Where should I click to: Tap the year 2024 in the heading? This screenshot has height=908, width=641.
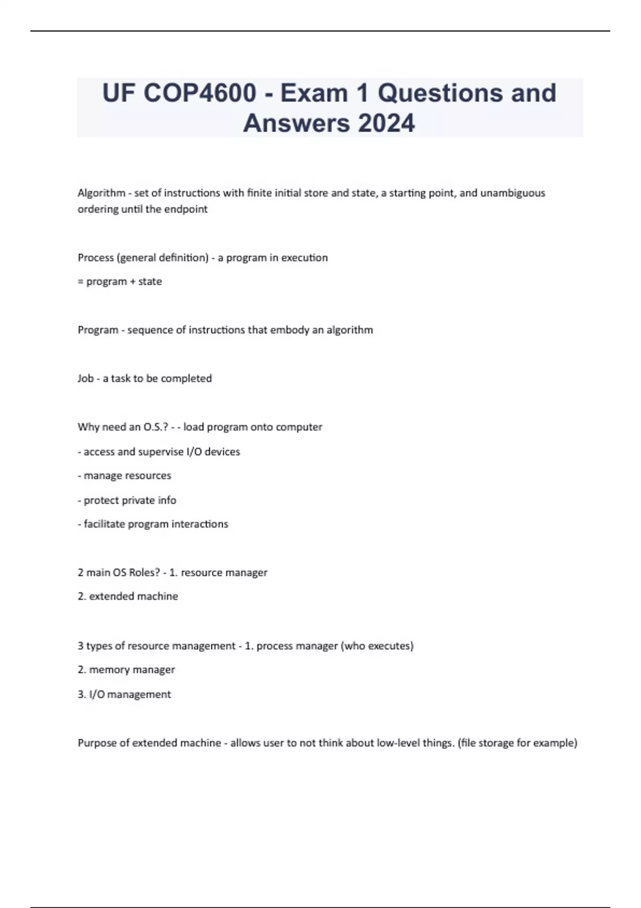pos(386,123)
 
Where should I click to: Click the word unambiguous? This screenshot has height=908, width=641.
pos(513,193)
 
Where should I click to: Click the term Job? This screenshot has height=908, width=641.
pos(85,379)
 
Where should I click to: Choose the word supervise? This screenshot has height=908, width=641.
pos(160,452)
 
